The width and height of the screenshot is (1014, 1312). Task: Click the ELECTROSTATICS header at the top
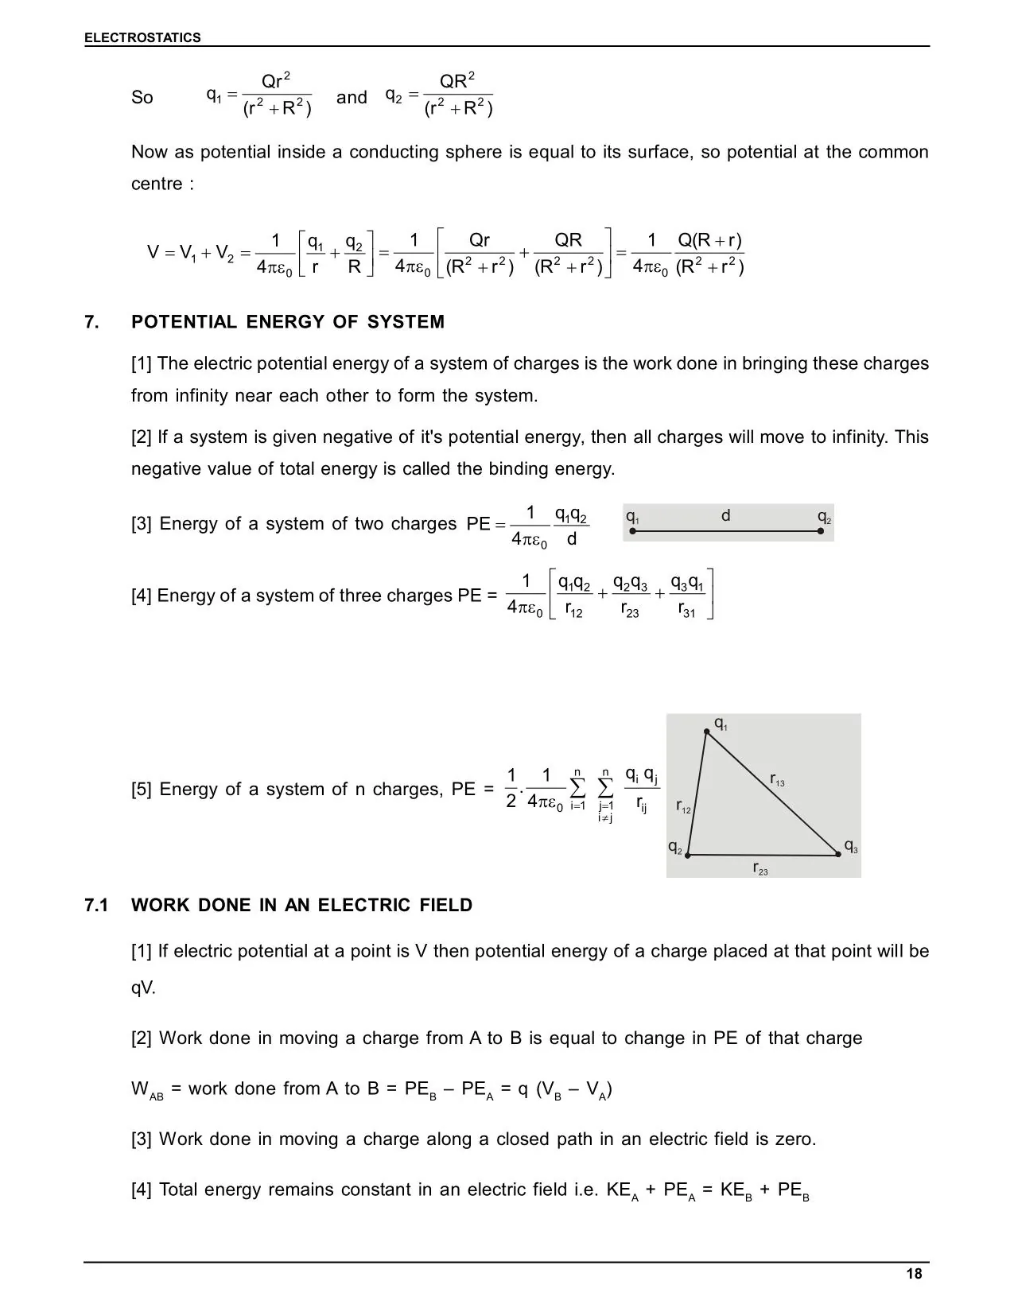142,37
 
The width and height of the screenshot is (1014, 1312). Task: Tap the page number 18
914,1274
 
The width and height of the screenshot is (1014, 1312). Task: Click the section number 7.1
96,905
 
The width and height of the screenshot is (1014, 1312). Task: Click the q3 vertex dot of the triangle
838,854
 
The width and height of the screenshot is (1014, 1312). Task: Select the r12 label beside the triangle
683,807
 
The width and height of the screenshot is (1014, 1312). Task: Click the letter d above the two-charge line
725,516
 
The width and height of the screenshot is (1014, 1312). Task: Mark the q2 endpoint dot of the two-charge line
820,531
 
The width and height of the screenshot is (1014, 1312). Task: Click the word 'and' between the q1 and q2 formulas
352,98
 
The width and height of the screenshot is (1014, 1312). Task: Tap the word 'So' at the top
142,98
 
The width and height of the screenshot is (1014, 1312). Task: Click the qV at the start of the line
143,988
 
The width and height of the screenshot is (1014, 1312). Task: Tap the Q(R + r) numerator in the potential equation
709,241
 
